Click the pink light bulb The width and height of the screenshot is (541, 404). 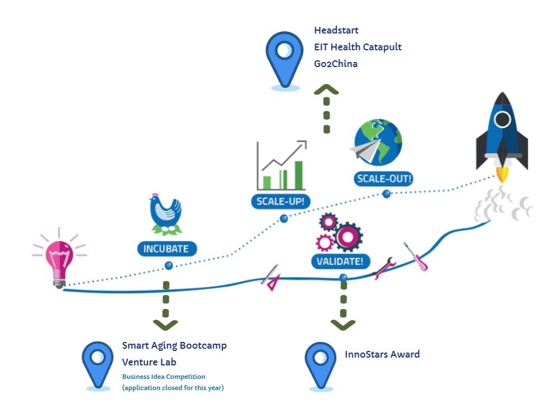coord(59,260)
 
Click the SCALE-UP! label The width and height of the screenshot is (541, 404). coord(281,201)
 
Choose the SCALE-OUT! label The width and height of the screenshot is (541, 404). coord(384,179)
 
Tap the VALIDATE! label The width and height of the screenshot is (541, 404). coord(340,260)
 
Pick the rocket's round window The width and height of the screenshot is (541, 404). coord(502,119)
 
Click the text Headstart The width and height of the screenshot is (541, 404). coord(336,30)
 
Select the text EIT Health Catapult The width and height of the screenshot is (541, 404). coord(358,47)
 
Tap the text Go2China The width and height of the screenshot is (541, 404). coord(335,64)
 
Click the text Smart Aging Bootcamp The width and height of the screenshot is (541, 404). coord(174,345)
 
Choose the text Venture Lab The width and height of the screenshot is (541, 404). coord(149,362)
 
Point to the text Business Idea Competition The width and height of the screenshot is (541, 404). coord(164,377)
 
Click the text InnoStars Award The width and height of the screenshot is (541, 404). coord(382,354)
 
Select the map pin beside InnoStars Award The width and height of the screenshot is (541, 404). coord(321,364)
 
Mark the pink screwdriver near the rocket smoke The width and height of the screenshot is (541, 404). coord(416,258)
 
